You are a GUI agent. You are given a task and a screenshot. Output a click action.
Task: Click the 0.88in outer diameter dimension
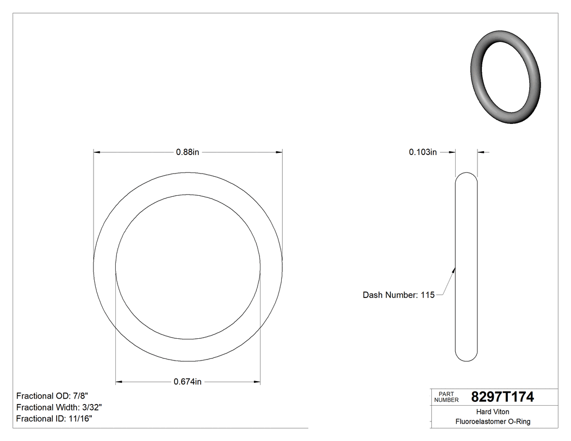coord(188,152)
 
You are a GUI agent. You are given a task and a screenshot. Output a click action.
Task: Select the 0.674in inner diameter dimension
coord(188,382)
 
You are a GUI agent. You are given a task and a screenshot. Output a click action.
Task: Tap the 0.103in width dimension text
coord(423,152)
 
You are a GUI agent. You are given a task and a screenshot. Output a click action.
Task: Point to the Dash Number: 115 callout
coord(398,295)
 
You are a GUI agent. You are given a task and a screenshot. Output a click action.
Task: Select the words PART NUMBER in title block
coord(446,397)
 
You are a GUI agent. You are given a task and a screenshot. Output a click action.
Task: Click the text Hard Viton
coord(493,412)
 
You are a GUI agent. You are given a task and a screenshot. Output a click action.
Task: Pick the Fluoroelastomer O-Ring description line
coord(493,421)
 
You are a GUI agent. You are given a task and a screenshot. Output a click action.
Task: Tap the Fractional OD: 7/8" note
coord(52,396)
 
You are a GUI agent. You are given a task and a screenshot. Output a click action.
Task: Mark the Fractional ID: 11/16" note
coord(54,419)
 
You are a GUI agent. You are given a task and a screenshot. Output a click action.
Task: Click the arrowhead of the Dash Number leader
coord(454,269)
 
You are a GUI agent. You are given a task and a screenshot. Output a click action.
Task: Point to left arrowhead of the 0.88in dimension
coord(98,152)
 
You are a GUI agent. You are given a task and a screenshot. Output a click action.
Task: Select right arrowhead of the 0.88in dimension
coord(278,152)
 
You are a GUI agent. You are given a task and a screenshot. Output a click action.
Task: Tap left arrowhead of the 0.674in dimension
coord(120,382)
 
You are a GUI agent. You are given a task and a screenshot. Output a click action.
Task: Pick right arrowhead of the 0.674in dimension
coord(257,382)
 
